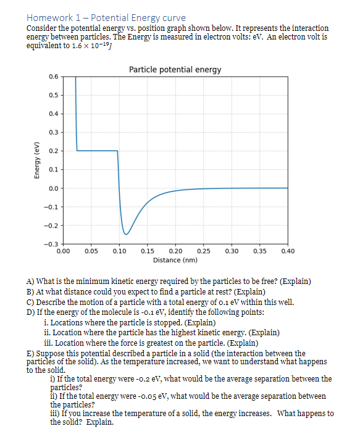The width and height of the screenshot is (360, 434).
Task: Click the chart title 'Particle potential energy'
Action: coord(175,69)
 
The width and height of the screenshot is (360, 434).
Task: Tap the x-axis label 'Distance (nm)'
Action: coord(175,260)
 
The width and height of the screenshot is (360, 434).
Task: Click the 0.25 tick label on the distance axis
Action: coord(203,251)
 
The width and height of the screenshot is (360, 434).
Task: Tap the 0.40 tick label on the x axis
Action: coord(287,251)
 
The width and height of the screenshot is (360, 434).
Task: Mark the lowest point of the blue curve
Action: coord(125,235)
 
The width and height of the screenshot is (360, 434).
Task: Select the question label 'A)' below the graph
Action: coord(30,282)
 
